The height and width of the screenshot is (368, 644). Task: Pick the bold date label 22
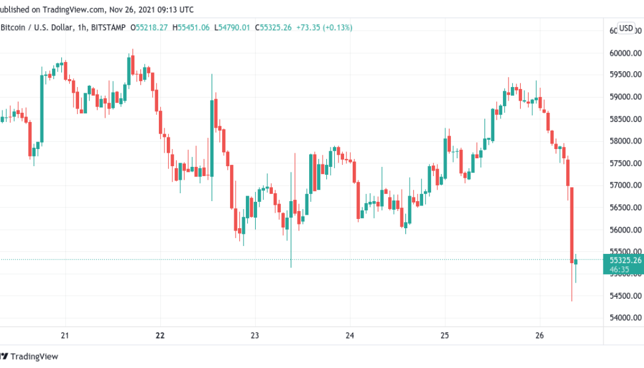point(161,335)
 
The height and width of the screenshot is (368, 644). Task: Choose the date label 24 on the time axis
point(350,335)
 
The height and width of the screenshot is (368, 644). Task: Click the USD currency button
point(626,28)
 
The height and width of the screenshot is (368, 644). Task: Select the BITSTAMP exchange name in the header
point(108,28)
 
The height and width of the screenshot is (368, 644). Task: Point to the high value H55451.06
point(191,28)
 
